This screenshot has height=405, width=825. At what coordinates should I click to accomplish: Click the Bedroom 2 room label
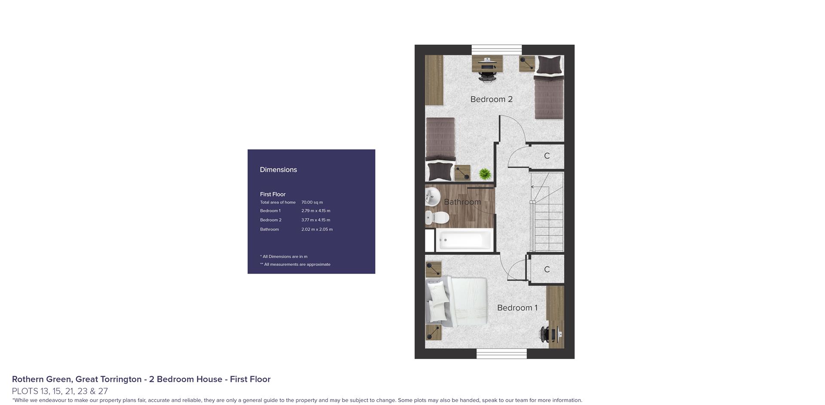pos(491,99)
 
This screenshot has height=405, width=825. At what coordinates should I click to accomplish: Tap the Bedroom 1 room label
pos(517,308)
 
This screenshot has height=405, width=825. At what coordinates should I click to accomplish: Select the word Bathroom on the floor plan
pos(462,202)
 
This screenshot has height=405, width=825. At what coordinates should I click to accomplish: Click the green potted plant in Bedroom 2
pos(485,174)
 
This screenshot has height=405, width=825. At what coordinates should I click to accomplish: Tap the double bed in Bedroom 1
pos(457,302)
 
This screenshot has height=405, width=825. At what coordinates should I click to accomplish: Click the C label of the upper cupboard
pos(547,156)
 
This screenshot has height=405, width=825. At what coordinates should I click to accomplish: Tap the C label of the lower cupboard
pos(547,269)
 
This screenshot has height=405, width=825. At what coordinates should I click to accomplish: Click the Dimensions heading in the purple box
pos(278,170)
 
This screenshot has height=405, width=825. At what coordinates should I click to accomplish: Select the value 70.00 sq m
pos(312,202)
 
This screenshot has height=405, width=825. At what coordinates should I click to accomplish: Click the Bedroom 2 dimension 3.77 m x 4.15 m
pos(316,220)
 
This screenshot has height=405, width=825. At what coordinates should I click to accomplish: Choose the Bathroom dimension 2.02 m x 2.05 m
pos(317,229)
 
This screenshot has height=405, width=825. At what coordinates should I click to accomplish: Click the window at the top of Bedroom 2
pos(497,50)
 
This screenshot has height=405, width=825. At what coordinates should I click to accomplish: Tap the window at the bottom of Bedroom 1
pos(501,353)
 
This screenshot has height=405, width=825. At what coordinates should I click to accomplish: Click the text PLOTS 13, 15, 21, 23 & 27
pos(60,391)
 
